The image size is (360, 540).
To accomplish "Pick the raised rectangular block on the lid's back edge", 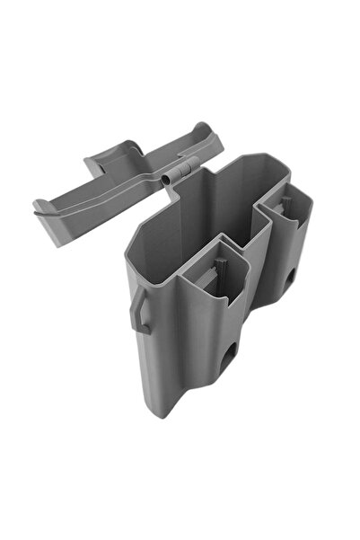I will [101, 164].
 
